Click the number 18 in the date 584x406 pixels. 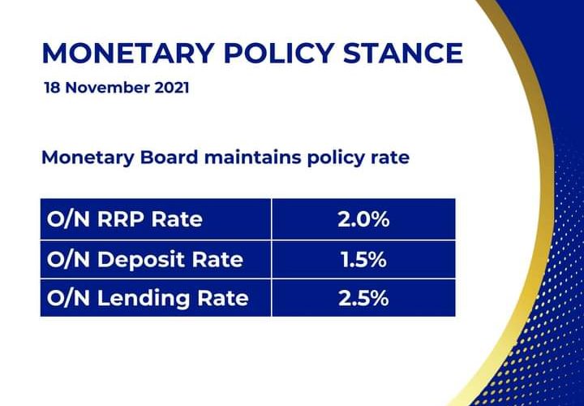pyautogui.click(x=54, y=87)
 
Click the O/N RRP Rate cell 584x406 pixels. pyautogui.click(x=156, y=219)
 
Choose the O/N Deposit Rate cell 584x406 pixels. pyautogui.click(x=156, y=259)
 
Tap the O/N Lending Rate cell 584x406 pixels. pyautogui.click(x=156, y=298)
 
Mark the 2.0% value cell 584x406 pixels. pyautogui.click(x=363, y=219)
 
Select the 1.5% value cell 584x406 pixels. pyautogui.click(x=363, y=259)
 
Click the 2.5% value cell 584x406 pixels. pyautogui.click(x=363, y=298)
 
